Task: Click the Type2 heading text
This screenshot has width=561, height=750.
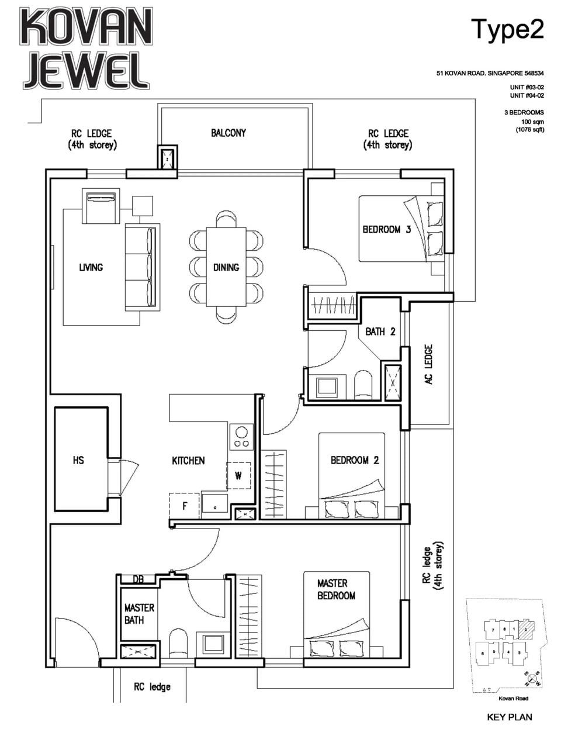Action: pos(507,29)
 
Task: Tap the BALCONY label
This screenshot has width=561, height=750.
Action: pos(228,133)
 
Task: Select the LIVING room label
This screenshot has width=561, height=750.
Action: pos(91,267)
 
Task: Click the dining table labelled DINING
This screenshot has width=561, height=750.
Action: pos(226,267)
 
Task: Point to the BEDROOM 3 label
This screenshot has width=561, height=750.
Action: pos(386,229)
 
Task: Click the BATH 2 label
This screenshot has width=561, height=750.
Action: pos(380,331)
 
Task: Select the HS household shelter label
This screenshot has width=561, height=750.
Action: pos(78,460)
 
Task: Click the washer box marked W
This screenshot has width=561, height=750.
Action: pos(238,475)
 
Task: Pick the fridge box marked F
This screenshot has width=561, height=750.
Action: pos(185,506)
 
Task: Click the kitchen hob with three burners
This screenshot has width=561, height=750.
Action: pos(240,437)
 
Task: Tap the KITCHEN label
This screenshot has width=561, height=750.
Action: pos(188,461)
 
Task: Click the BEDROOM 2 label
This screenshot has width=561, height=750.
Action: pos(354,460)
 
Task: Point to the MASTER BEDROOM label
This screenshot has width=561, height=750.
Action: pos(336,589)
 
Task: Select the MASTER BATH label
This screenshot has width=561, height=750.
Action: pos(139,614)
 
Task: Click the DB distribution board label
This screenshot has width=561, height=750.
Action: pos(138,579)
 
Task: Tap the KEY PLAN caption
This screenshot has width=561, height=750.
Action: pos(509,717)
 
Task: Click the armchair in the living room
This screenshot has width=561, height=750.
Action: pos(101,206)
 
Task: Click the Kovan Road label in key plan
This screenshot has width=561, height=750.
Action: pos(514,698)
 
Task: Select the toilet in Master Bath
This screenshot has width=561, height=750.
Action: pos(178,643)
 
